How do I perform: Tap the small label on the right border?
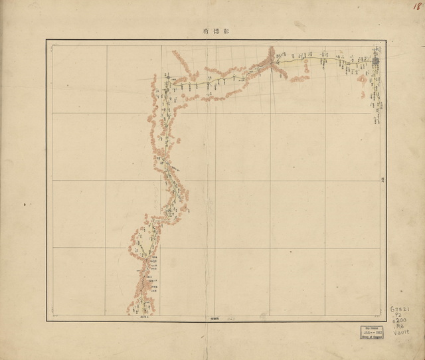pos(382,179)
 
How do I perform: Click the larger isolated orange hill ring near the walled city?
pos(362,78)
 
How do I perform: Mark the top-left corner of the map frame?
pos(46,40)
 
